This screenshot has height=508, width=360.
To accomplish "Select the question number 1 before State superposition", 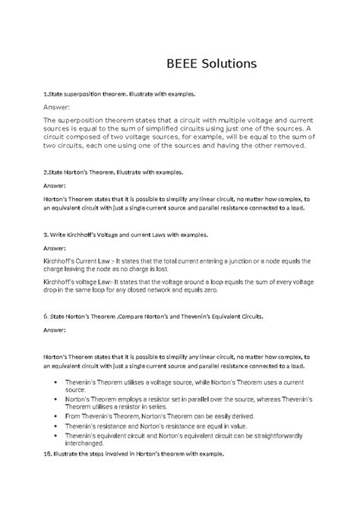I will (x=45, y=94).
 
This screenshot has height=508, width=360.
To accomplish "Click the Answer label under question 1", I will (x=59, y=108).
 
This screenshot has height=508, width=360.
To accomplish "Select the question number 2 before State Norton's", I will (x=45, y=172).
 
